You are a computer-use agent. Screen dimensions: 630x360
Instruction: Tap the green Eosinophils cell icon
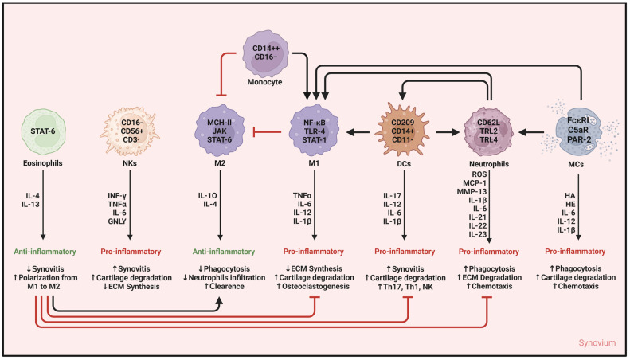pyautogui.click(x=43, y=131)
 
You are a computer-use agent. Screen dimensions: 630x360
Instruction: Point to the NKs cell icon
pyautogui.click(x=130, y=131)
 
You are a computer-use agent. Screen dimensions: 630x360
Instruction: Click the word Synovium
pyautogui.click(x=597, y=342)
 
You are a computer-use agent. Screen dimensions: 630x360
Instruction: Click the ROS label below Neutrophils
pyautogui.click(x=479, y=174)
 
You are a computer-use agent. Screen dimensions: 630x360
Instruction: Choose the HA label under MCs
pyautogui.click(x=570, y=197)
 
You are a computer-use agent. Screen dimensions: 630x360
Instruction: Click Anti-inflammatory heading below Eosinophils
pyautogui.click(x=45, y=252)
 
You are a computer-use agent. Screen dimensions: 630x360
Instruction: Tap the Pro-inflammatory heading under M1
pyautogui.click(x=313, y=252)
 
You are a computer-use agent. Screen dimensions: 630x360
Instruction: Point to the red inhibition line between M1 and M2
pyautogui.click(x=266, y=131)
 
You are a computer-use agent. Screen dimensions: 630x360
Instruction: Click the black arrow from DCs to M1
pyautogui.click(x=358, y=131)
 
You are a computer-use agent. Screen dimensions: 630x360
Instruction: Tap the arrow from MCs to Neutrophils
pyautogui.click(x=531, y=131)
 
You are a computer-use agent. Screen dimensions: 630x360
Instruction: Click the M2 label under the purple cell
pyautogui.click(x=220, y=164)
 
